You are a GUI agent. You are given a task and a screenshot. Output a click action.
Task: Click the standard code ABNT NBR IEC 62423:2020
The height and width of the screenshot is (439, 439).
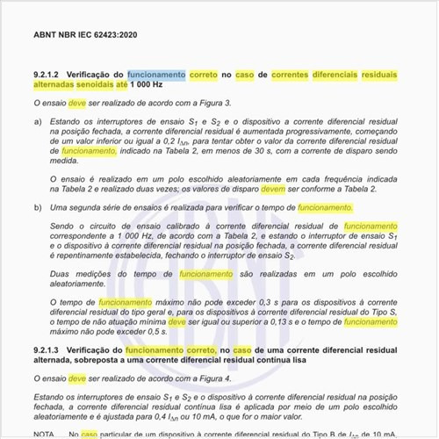(x=85, y=35)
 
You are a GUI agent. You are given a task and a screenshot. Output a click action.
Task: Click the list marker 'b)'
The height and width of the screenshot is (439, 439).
(x=37, y=207)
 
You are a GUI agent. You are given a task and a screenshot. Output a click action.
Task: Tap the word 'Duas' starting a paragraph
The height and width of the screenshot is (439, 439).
(x=62, y=274)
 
